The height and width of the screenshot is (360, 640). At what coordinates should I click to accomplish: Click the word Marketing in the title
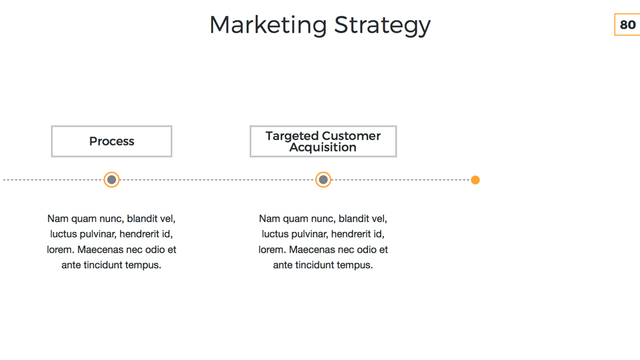pos(268,25)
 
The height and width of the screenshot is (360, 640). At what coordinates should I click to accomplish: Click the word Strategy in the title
pos(383,25)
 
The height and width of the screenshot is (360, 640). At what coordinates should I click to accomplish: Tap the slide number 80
pos(627,25)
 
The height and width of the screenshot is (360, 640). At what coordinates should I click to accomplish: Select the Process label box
pos(111,141)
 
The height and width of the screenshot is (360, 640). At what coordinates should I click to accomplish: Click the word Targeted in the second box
pos(292,136)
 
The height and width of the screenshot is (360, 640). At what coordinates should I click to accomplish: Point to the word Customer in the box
pos(351,135)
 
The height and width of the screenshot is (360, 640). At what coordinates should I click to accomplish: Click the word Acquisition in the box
pos(323,147)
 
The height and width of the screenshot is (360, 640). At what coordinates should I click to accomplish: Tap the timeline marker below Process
pos(111,180)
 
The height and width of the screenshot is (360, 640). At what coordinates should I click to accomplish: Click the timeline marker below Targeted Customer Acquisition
pos(323,180)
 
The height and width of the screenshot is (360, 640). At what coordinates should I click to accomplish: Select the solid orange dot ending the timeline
pos(475,180)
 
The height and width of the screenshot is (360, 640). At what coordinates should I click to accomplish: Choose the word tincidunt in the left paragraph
pos(103,265)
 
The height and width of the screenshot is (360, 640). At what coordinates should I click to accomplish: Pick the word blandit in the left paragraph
pos(143,219)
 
